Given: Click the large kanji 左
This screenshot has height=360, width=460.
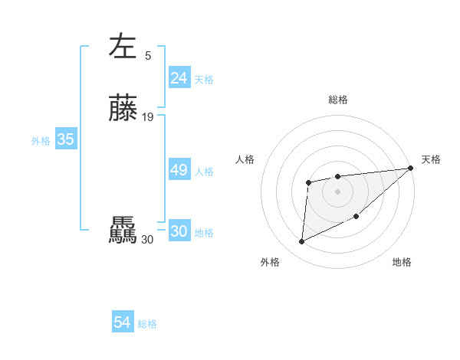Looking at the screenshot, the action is click(x=123, y=46).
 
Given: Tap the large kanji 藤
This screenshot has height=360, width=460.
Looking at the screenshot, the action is click(x=123, y=108).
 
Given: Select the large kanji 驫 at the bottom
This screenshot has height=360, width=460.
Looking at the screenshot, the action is click(x=123, y=231).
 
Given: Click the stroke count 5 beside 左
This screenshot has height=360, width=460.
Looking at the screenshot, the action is click(x=148, y=55).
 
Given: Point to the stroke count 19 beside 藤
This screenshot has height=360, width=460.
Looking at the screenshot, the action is click(x=148, y=117).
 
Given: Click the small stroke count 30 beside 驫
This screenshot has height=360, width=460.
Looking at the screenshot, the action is click(x=147, y=241).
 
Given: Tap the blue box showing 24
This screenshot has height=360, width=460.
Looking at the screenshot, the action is click(x=179, y=78).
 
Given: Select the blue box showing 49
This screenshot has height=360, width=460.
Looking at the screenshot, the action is click(x=179, y=171).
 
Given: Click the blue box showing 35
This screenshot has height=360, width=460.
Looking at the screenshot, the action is click(x=65, y=139).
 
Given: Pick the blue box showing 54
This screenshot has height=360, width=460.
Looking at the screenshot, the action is click(x=123, y=322).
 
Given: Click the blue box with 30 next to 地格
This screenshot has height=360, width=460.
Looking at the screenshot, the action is click(x=179, y=232).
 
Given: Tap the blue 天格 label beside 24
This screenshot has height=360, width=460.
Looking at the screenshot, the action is click(x=204, y=80).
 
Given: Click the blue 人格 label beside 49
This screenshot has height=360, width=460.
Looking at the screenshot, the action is click(x=204, y=172).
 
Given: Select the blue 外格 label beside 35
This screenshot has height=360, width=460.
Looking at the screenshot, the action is click(x=41, y=141).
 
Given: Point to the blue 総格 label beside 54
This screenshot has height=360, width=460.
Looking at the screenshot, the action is click(x=147, y=324).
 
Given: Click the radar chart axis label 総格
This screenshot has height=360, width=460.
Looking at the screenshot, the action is click(x=337, y=100).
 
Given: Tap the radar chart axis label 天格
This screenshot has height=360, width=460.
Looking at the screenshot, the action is click(x=431, y=159).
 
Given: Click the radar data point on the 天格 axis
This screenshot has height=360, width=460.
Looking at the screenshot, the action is click(x=411, y=169).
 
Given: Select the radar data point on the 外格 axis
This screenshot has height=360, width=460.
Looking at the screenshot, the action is click(x=301, y=242).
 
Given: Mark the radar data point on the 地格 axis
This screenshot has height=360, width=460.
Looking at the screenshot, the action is click(x=357, y=215).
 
